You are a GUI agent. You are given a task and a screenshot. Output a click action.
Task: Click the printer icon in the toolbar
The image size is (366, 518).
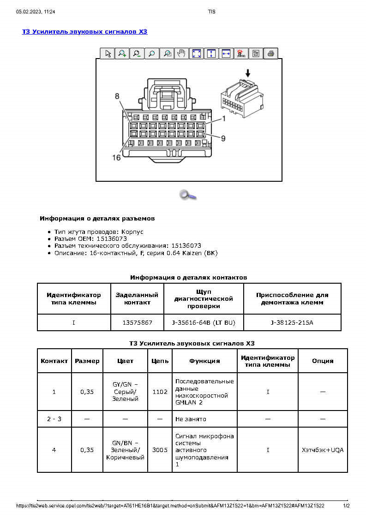[x=271, y=54]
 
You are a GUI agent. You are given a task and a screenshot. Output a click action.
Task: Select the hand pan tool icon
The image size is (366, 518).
[x=181, y=54]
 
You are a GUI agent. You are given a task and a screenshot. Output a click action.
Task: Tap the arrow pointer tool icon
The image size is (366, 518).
[x=108, y=54]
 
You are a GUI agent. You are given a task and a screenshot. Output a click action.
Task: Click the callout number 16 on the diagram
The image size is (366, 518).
[x=116, y=158]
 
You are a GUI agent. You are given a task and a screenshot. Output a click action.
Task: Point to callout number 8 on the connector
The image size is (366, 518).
[x=117, y=96]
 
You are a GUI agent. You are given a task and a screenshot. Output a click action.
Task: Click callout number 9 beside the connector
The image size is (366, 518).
[x=223, y=138]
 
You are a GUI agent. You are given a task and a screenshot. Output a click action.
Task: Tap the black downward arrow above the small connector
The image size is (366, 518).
[x=248, y=73]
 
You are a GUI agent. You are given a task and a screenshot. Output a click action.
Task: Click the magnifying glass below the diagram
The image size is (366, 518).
[x=188, y=195]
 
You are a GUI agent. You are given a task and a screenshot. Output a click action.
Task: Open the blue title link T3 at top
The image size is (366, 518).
[x=85, y=32]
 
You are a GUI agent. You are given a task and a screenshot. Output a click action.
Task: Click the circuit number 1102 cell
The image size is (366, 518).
[x=160, y=392]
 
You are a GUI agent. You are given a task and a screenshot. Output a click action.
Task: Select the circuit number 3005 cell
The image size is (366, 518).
[x=160, y=450]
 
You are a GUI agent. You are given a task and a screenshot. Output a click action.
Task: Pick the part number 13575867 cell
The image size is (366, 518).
[x=138, y=322]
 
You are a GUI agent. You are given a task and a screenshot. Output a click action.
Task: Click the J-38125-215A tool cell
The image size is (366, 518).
[x=292, y=322]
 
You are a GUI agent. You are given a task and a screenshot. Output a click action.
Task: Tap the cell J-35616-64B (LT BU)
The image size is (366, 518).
[x=204, y=322]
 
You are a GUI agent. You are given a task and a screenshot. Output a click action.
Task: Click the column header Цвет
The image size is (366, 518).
[x=125, y=361]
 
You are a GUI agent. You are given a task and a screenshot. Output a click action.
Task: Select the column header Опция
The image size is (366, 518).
[x=323, y=361]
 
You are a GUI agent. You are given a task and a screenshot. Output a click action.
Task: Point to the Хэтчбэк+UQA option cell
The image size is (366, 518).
[x=323, y=450]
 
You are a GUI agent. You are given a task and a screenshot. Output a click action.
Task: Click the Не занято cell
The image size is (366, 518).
[x=191, y=419]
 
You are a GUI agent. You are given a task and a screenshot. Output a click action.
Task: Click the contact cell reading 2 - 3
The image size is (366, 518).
[x=54, y=419]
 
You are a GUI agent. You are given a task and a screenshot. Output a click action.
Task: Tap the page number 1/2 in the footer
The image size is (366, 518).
[x=346, y=506]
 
